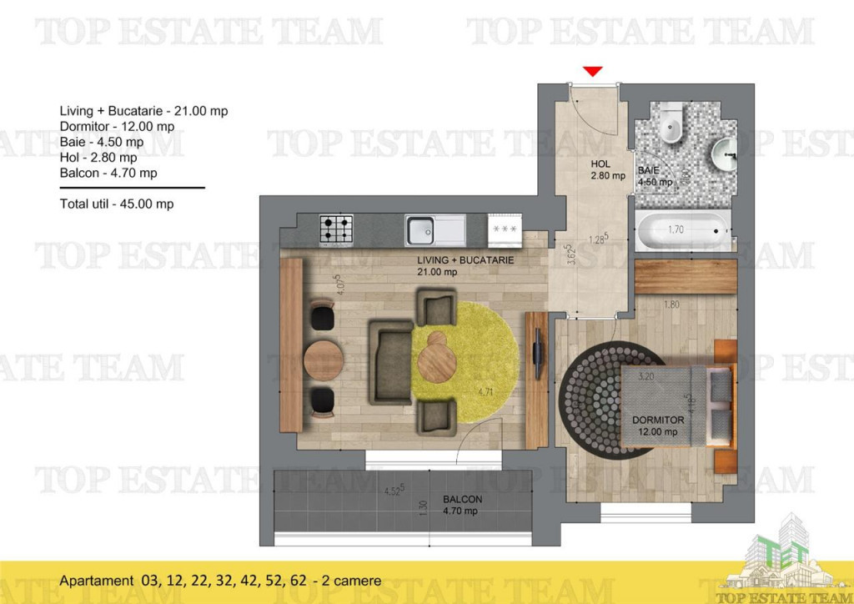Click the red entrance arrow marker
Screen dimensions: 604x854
pyautogui.click(x=593, y=72)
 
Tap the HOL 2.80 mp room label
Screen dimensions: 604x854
pyautogui.click(x=607, y=170)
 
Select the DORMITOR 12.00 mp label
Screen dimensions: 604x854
pyautogui.click(x=658, y=425)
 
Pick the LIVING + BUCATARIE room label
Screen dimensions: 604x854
pyautogui.click(x=465, y=265)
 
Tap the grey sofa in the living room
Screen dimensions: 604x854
pyautogui.click(x=390, y=360)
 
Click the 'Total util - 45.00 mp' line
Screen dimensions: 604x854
pyautogui.click(x=117, y=204)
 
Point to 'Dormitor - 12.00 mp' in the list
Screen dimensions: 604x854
pyautogui.click(x=117, y=126)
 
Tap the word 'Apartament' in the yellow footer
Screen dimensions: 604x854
pyautogui.click(x=95, y=581)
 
